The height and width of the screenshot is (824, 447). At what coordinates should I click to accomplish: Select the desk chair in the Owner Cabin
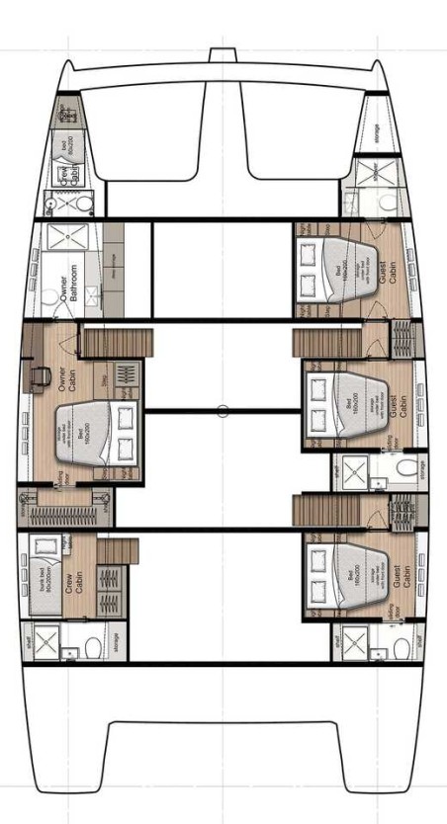click(42, 374)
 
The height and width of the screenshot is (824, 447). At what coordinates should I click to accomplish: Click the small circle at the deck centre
click(223, 411)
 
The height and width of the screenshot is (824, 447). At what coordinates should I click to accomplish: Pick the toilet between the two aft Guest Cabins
click(400, 469)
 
